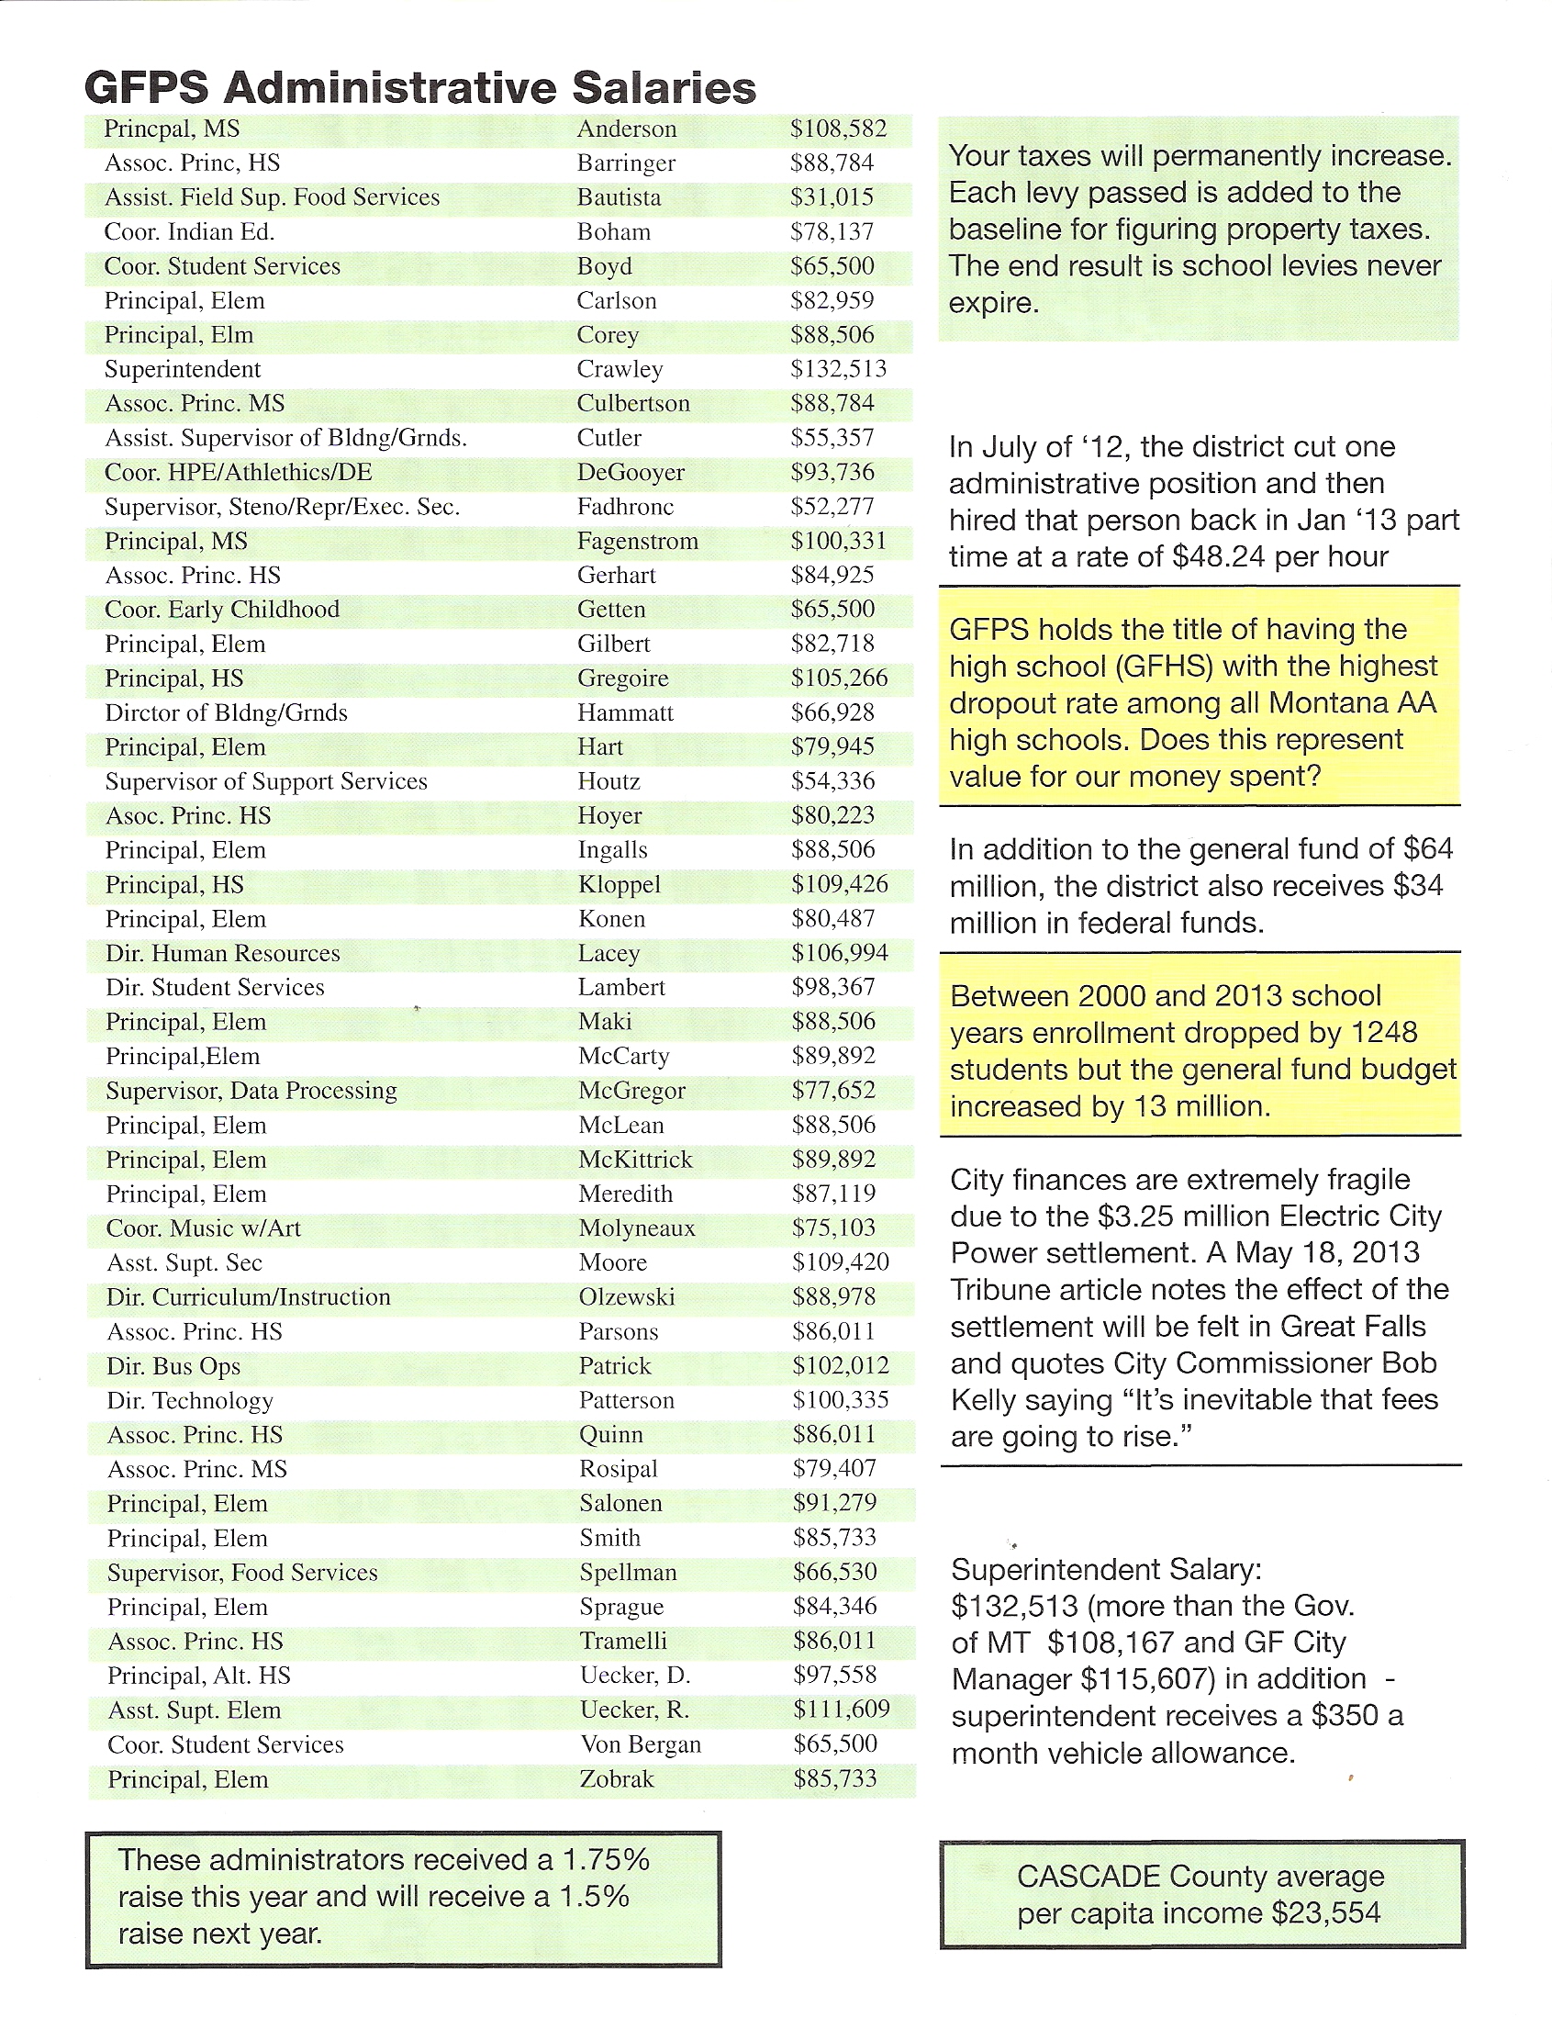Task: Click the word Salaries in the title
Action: [664, 89]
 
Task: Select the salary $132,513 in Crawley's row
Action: [838, 369]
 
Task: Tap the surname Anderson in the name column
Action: [626, 129]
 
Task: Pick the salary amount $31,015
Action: [832, 196]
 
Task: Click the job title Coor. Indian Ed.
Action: [189, 232]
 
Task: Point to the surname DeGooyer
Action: [630, 472]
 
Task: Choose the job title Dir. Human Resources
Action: [223, 953]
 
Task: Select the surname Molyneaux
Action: [637, 1228]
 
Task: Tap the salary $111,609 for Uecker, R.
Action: [841, 1710]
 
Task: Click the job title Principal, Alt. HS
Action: [198, 1676]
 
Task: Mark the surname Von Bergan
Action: [641, 1744]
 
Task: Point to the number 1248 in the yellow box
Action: [1383, 1032]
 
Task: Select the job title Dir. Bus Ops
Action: [173, 1365]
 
